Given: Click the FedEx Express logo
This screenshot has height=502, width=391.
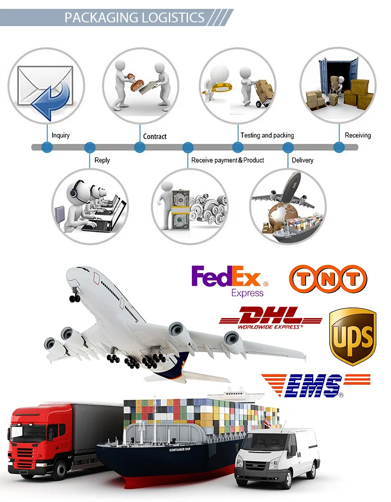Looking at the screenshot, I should (x=229, y=280).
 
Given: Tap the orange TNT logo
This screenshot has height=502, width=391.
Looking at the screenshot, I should (x=328, y=277).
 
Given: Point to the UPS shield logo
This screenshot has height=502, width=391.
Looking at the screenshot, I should (x=352, y=336).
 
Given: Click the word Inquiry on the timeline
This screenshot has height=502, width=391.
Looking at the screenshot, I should (x=60, y=135).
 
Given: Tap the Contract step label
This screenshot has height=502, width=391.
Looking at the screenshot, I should (x=155, y=136).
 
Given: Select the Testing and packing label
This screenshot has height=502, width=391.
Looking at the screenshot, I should (x=267, y=135).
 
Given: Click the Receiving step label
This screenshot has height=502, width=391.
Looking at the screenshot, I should (x=358, y=135).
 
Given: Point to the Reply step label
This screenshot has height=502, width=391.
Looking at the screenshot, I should (x=102, y=160).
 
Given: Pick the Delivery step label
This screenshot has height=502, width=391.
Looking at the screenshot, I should (x=302, y=160).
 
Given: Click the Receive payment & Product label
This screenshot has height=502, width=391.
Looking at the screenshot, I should (x=227, y=160).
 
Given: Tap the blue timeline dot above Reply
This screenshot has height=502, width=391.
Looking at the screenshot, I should (x=90, y=148).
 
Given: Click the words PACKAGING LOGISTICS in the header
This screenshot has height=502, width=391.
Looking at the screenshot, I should (x=134, y=17).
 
